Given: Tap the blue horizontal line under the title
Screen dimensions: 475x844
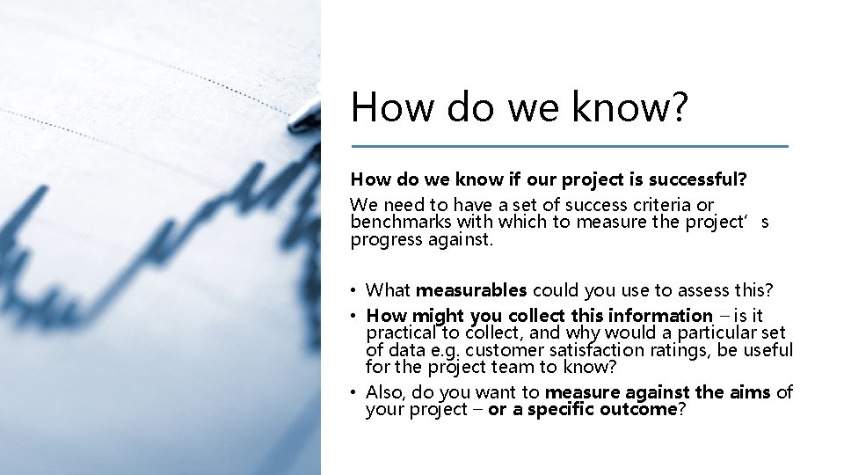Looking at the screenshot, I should click(570, 146).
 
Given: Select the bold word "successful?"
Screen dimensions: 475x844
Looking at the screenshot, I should click(696, 180).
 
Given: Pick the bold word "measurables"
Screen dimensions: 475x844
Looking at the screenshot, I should click(470, 289).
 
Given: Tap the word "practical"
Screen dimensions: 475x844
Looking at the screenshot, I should click(401, 332).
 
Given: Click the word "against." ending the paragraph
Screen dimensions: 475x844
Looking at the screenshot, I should click(442, 240).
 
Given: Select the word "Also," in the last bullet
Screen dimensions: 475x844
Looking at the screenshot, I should click(385, 391).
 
